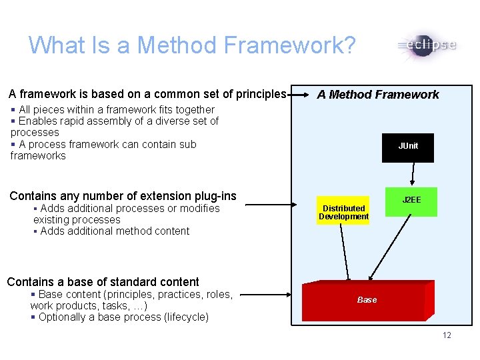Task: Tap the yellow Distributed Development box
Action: point(343,212)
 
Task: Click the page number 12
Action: point(446,335)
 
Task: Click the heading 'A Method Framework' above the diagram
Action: point(377,95)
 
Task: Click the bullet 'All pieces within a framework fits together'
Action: point(116,109)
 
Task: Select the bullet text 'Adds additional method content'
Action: point(114,231)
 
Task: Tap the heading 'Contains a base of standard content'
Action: point(103,282)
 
